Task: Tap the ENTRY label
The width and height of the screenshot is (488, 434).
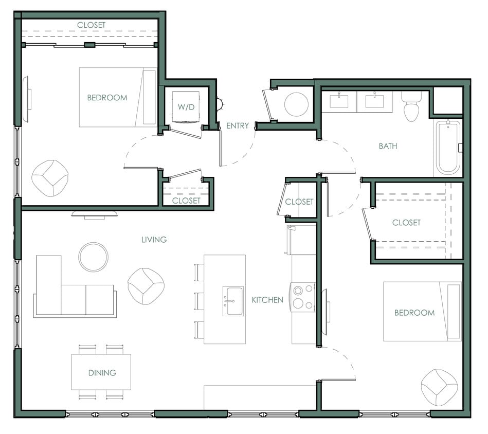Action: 237,125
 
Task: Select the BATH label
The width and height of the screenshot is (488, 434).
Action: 388,146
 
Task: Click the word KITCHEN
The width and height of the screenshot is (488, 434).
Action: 267,300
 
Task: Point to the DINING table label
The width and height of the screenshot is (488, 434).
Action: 102,373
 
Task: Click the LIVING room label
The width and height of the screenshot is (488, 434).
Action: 154,240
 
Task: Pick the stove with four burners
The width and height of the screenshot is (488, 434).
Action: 303,297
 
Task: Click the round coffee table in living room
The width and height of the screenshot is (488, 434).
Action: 93,256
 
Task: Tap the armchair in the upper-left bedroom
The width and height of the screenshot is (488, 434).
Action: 50,177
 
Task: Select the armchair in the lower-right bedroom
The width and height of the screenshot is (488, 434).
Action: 439,386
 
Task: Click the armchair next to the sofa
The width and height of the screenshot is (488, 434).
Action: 146,285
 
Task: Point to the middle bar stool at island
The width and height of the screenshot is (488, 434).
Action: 199,300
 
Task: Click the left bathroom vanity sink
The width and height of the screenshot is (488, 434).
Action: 339,101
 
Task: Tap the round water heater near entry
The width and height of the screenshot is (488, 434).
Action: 296,104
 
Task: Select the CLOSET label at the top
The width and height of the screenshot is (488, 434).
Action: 91,25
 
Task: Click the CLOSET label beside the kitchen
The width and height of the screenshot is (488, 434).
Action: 299,202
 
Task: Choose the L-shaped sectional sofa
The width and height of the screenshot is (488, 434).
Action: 72,291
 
